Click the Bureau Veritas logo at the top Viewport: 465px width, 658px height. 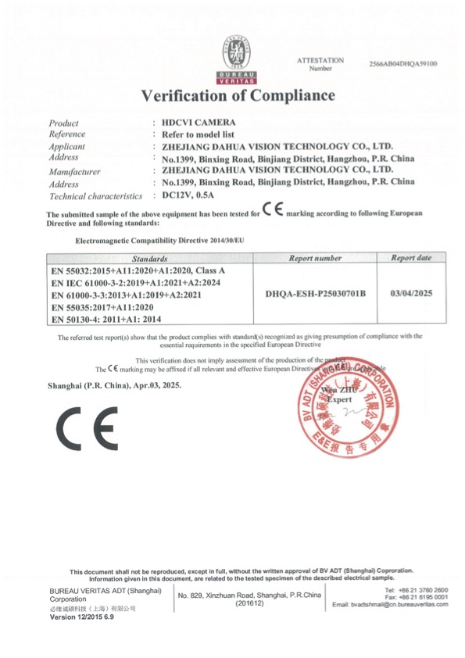[x=231, y=59]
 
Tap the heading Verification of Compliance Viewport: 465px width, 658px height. [x=238, y=96]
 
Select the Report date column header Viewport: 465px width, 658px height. [x=411, y=257]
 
